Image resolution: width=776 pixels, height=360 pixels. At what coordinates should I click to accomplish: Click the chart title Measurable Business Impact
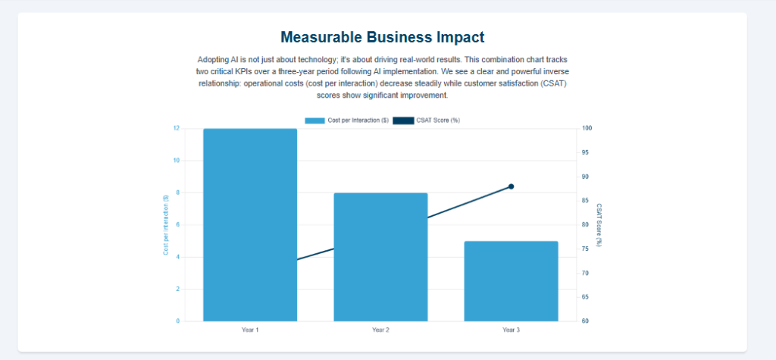coord(382,37)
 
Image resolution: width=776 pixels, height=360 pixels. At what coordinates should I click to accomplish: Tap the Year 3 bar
coord(511,280)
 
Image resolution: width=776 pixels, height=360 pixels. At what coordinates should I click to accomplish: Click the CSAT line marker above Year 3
coord(511,186)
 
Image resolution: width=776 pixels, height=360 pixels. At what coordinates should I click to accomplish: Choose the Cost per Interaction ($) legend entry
coord(347,121)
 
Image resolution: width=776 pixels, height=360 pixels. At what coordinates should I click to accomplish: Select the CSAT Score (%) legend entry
coord(426,121)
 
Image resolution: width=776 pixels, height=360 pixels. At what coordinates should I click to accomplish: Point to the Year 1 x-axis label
coord(250,330)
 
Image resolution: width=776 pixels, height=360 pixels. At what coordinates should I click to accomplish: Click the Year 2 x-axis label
coord(380,330)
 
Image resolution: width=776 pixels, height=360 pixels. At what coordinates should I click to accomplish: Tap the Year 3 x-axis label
coord(511,330)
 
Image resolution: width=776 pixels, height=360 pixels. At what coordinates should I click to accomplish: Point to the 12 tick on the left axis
coord(176,128)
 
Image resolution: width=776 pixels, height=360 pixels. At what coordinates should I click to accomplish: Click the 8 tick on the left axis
coord(177,193)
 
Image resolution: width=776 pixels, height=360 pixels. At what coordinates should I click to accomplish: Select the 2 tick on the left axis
coord(177,289)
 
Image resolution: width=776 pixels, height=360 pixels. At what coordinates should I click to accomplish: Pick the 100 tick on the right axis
coord(587,128)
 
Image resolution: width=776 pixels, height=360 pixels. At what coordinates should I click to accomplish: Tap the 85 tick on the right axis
coord(586,201)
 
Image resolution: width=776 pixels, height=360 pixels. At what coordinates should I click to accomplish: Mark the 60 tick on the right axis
coord(586,321)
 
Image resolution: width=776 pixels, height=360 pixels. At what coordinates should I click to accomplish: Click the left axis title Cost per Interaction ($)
coord(165,224)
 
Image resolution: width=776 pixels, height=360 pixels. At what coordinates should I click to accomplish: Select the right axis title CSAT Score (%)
coord(599,224)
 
